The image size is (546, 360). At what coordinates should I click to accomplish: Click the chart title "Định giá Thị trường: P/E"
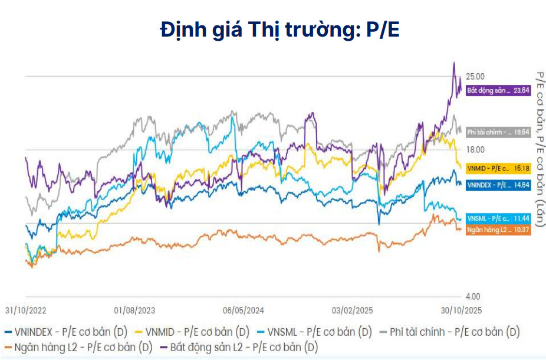pyautogui.click(x=279, y=30)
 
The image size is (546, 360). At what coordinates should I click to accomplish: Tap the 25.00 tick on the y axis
pyautogui.click(x=475, y=77)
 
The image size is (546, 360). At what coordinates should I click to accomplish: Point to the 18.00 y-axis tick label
pyautogui.click(x=475, y=150)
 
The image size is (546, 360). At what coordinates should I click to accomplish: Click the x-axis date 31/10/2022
pyautogui.click(x=25, y=310)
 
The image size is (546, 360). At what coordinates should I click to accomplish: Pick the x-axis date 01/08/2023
pyautogui.click(x=134, y=310)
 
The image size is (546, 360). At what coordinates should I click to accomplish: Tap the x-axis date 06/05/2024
pyautogui.click(x=244, y=310)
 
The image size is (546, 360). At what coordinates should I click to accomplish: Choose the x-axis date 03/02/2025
pyautogui.click(x=352, y=310)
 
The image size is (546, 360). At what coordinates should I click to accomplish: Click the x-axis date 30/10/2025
pyautogui.click(x=461, y=310)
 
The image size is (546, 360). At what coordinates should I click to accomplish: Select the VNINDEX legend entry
pyautogui.click(x=65, y=332)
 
